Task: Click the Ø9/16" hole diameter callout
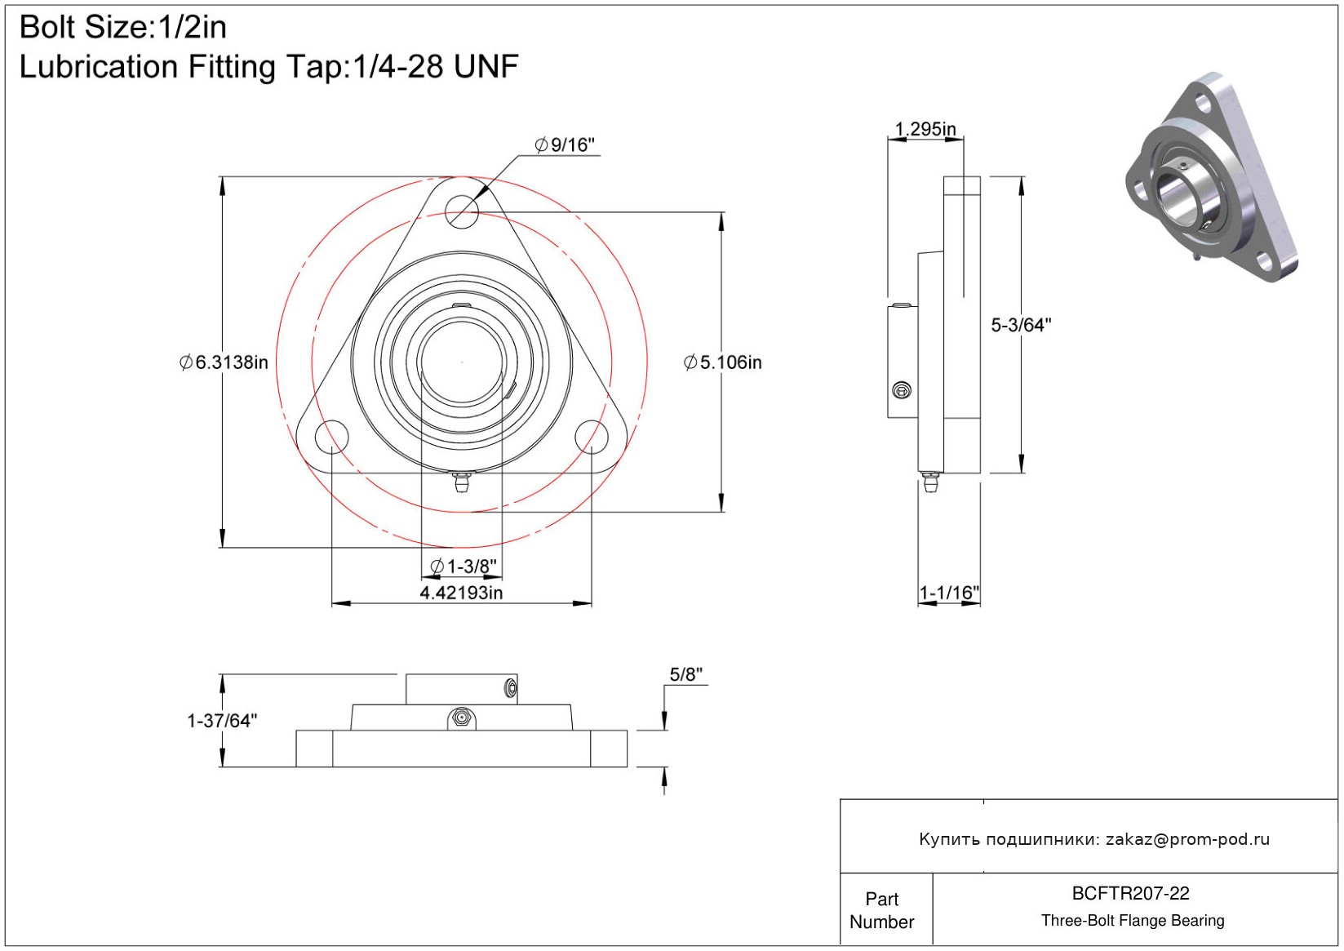565,145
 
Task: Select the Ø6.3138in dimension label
224,362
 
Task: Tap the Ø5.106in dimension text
723,362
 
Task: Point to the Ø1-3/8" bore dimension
463,567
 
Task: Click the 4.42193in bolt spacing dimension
461,593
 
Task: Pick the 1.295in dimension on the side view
925,129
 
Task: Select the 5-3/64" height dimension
1021,325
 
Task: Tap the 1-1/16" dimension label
949,593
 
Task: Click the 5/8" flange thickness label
686,674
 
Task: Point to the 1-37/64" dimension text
222,721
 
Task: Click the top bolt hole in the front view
462,212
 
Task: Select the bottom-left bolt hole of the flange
331,437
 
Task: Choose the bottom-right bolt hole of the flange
592,437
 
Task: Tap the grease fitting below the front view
462,483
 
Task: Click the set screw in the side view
901,391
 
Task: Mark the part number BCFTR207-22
1130,893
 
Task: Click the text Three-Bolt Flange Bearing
1133,921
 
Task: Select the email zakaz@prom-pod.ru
1187,839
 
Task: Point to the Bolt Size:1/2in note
123,28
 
